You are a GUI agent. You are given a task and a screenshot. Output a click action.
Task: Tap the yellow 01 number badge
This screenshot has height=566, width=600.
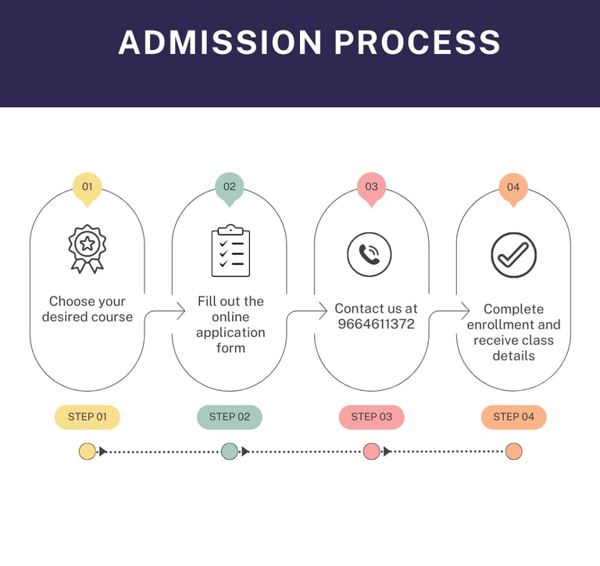tap(87, 188)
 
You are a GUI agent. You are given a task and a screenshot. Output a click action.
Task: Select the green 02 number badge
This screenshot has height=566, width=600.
tap(229, 188)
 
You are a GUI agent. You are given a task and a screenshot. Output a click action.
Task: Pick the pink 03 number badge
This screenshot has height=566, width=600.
tap(371, 188)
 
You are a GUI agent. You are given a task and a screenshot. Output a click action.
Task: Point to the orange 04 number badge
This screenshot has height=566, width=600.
tap(513, 188)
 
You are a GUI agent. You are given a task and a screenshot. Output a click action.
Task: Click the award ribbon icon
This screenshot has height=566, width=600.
tap(87, 249)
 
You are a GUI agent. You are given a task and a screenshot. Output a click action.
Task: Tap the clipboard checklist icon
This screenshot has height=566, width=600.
tap(230, 251)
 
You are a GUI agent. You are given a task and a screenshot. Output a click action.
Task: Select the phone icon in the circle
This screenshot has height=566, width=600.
tap(369, 254)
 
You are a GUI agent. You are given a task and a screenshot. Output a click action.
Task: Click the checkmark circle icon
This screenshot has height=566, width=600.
tap(513, 254)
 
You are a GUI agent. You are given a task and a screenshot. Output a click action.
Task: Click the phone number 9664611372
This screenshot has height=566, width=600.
tap(376, 324)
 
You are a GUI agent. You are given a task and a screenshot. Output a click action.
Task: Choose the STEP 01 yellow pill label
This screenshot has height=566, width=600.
tap(87, 417)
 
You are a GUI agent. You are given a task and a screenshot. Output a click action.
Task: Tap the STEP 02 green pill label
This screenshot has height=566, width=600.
tap(229, 417)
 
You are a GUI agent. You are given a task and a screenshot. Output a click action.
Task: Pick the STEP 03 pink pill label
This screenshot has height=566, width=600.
tap(371, 417)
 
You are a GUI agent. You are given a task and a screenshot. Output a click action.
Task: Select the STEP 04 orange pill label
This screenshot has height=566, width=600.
tap(513, 417)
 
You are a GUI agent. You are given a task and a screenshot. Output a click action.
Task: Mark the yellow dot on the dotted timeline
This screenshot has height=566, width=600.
tap(87, 451)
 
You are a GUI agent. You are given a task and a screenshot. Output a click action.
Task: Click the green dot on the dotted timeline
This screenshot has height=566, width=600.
tap(229, 451)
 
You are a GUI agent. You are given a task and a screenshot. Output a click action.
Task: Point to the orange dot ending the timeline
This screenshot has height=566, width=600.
tap(513, 451)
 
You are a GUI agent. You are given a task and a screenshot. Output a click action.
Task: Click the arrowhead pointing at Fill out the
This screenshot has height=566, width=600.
tap(181, 311)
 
